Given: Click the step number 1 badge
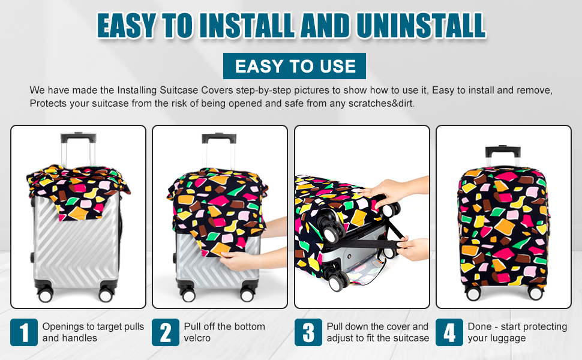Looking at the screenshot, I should click(24, 332).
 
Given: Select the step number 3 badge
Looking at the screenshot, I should click(308, 332).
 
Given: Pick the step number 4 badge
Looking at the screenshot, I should click(449, 332).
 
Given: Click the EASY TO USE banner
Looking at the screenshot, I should click(295, 66).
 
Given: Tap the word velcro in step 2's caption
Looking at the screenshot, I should click(198, 338).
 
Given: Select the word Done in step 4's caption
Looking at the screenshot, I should click(479, 326).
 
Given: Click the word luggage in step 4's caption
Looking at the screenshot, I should click(509, 338).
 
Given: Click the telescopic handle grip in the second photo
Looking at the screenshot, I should click(219, 137).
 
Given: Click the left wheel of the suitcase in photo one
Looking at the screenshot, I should click(45, 295).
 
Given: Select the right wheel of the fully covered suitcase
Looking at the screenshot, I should click(535, 293).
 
